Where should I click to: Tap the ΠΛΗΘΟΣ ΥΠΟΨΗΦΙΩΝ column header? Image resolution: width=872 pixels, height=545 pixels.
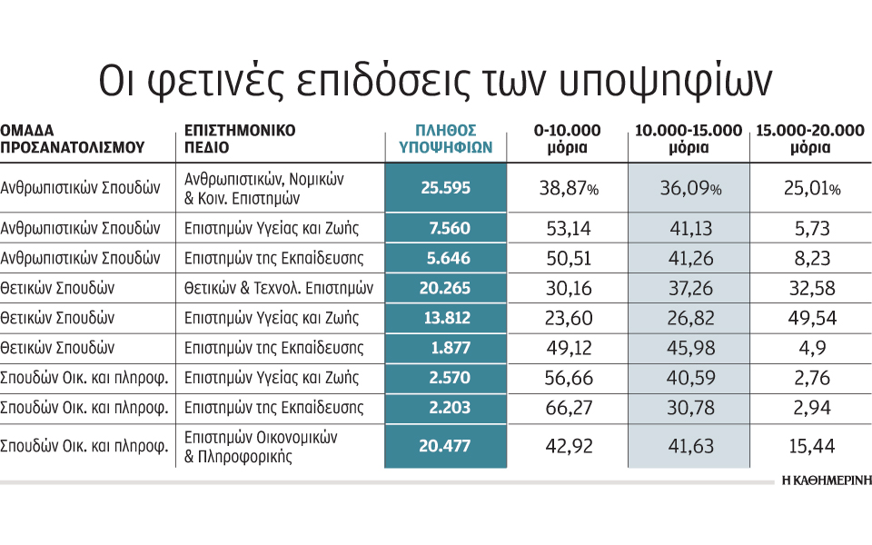coord(445,137)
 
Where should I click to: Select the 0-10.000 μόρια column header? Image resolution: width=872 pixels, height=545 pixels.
coord(567,137)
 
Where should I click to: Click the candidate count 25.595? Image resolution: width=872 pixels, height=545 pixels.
coord(445,188)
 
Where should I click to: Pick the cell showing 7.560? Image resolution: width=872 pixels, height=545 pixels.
coord(445,228)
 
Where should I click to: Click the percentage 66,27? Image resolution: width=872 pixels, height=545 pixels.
coord(567,408)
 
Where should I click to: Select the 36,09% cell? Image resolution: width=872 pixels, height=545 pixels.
coord(689,188)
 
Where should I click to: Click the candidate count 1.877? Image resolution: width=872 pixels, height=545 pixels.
coord(445,348)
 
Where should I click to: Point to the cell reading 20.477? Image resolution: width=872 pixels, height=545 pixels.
coord(445,447)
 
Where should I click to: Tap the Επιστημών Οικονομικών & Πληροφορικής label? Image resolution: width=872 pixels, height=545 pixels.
coord(261,447)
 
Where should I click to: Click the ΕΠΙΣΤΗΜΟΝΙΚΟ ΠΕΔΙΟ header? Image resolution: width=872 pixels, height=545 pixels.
coord(240,137)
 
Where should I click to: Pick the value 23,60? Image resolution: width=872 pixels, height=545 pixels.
coord(567,318)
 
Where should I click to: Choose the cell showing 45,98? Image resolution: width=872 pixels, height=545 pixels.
coord(689,348)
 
